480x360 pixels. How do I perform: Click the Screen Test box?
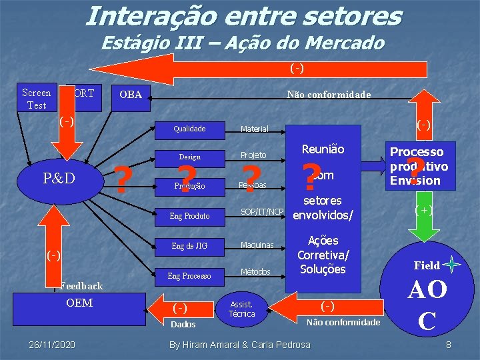click(x=36, y=99)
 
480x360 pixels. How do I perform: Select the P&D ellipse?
click(x=59, y=178)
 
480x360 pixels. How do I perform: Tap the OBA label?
click(x=131, y=95)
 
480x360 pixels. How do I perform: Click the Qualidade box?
click(x=189, y=129)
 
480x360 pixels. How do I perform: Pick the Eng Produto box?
click(x=189, y=215)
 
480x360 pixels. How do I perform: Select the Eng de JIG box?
click(x=189, y=246)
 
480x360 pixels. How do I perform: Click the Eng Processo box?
click(x=189, y=275)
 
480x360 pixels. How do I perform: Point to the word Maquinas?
click(x=257, y=245)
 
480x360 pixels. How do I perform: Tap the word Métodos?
click(x=255, y=272)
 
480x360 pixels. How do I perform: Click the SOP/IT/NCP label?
click(x=262, y=212)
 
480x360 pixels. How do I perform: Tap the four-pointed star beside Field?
click(x=452, y=265)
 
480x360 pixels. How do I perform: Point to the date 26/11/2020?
click(x=52, y=344)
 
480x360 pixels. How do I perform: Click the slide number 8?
click(x=449, y=345)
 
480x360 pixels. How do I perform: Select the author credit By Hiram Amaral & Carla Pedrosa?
click(x=240, y=344)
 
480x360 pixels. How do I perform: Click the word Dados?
click(x=183, y=325)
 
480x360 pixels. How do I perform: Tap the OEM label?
click(x=79, y=303)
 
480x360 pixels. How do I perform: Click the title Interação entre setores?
click(x=243, y=16)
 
